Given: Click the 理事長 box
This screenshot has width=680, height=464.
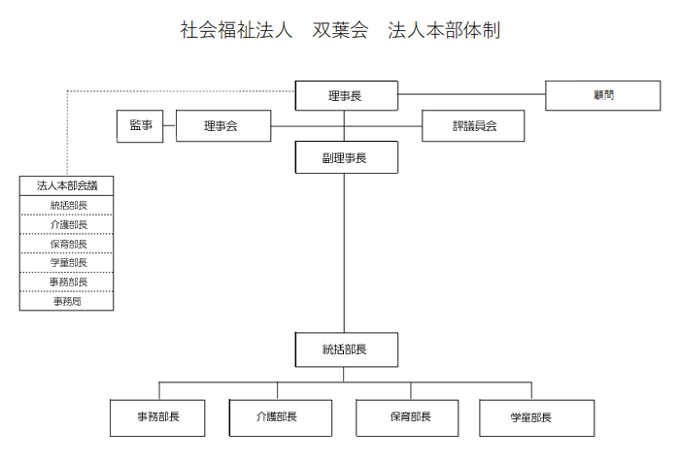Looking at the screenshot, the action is coord(346,95).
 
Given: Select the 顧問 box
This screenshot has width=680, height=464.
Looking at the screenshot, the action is coord(603,95).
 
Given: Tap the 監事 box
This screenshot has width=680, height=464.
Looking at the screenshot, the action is coord(140,126).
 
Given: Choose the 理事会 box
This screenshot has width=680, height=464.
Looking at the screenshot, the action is coord(223,125).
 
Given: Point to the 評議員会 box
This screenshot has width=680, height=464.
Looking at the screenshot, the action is coord(473,125).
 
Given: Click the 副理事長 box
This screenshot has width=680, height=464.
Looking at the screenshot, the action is coord(346,157).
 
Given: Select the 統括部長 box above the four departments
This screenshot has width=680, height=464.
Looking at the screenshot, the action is coord(346,349).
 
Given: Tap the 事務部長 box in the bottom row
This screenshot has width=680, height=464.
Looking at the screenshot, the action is coord(157,417).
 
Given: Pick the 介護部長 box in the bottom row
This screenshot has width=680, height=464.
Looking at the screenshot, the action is coord(280,417).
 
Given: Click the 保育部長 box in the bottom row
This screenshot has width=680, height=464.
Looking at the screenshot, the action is coord(407,417).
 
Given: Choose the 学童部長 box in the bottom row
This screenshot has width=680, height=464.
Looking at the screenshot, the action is coord(536,417).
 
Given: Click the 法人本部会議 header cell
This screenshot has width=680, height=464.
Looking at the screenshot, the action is coord(66,185).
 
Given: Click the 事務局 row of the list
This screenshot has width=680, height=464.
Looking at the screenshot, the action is coord(66,301).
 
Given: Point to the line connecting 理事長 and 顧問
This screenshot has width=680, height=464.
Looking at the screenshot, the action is coord(471,94).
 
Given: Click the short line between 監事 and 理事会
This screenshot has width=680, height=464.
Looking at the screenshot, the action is coord(170,126).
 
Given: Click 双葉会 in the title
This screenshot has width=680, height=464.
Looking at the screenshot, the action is coord(340,30).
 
